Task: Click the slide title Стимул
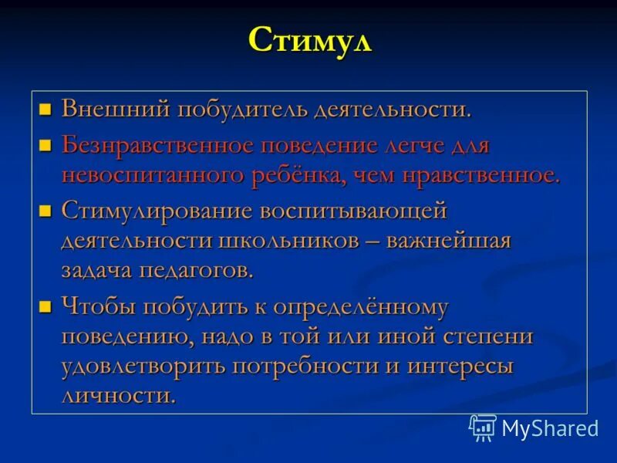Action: tap(309, 40)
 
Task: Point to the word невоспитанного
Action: tap(153, 175)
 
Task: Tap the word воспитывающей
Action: tap(353, 211)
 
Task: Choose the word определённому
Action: tap(354, 307)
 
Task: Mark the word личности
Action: tap(117, 396)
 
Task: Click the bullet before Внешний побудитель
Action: tap(45, 109)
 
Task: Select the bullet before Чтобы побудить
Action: tap(45, 306)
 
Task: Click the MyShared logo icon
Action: tap(483, 428)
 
